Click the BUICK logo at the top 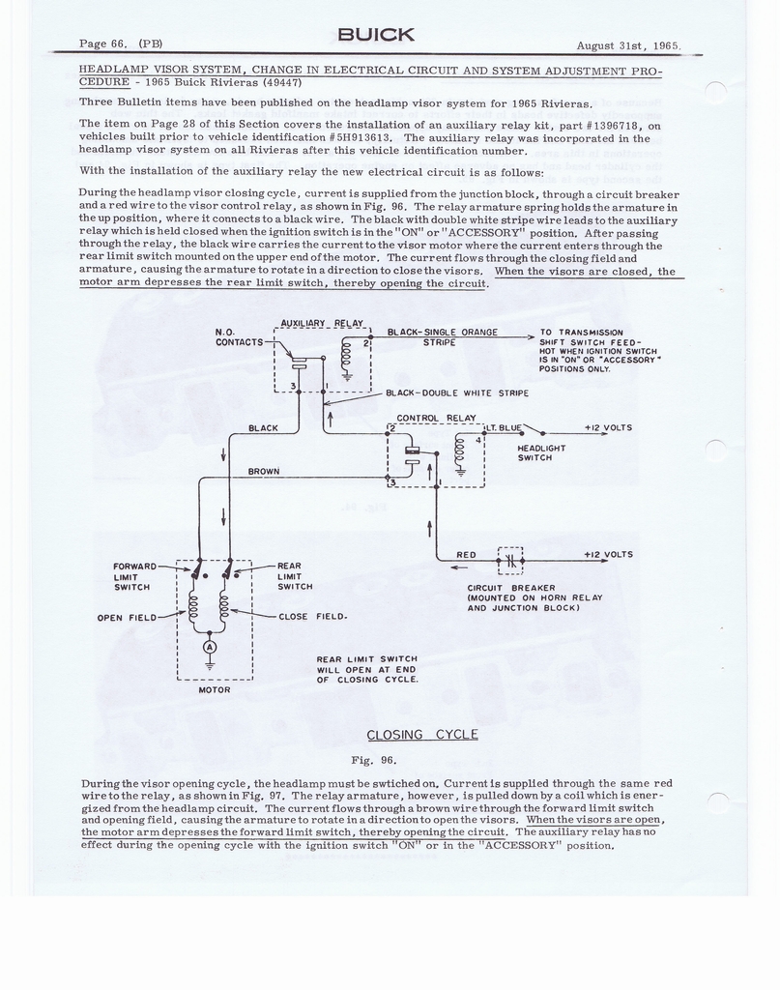click(x=376, y=35)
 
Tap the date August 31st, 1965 click(x=628, y=45)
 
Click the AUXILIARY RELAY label click(x=322, y=323)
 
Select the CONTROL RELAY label click(x=427, y=418)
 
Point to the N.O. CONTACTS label click(x=239, y=337)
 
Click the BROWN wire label click(x=264, y=472)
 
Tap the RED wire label click(x=467, y=555)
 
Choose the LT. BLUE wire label click(x=505, y=428)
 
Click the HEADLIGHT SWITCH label click(x=541, y=452)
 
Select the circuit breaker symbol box click(x=510, y=560)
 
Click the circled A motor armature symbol click(x=210, y=648)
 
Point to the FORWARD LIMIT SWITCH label click(x=134, y=576)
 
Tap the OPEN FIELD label click(x=127, y=618)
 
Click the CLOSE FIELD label click(x=313, y=616)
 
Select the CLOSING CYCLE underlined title click(x=422, y=735)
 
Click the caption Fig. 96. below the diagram click(x=374, y=760)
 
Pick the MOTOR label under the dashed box click(x=215, y=690)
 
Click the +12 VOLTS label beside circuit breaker click(x=608, y=555)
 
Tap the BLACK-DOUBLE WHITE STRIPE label click(x=457, y=393)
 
